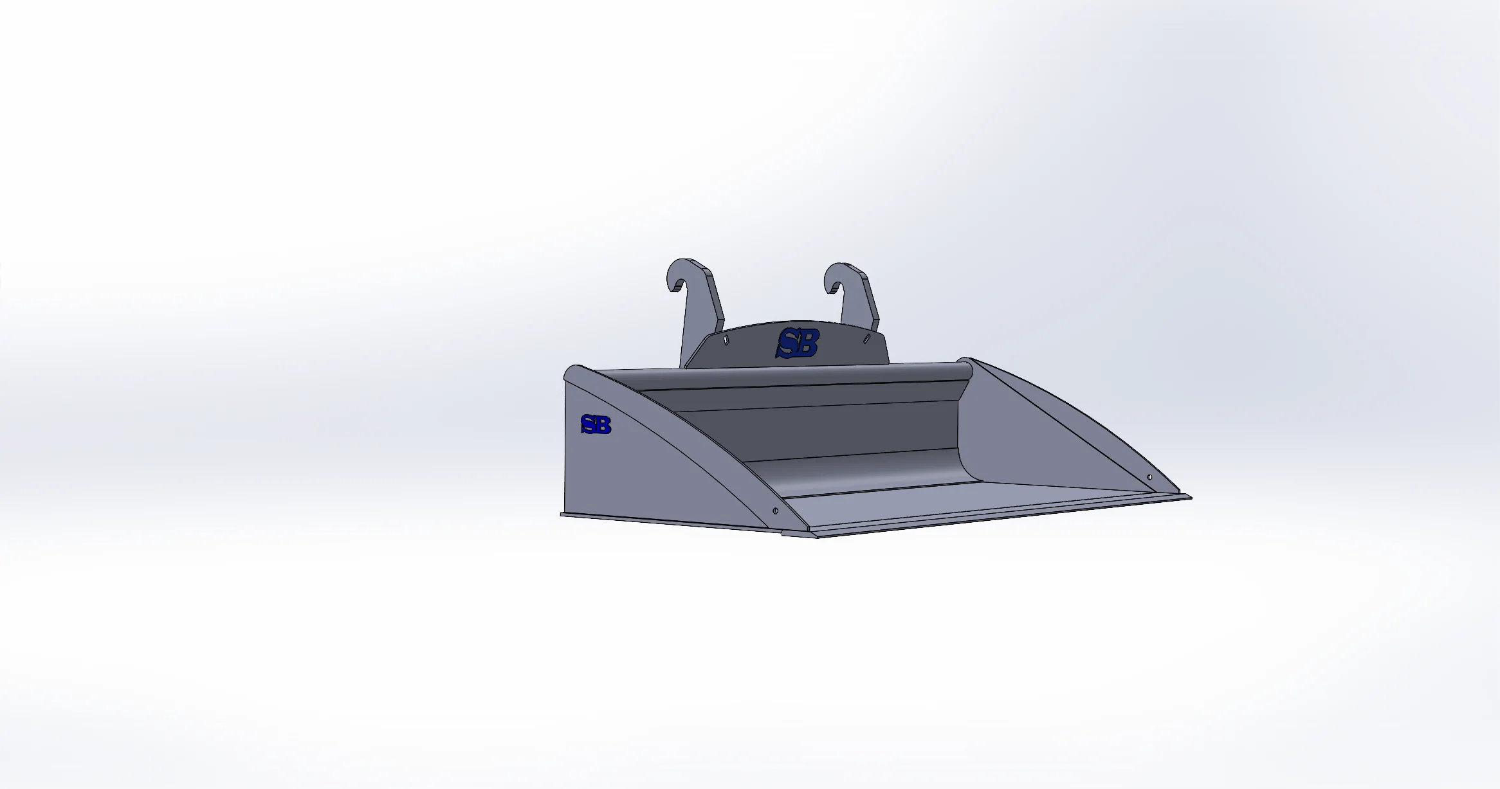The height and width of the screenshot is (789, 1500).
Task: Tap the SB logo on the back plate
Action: tap(798, 343)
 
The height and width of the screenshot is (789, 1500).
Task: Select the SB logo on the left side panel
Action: tap(596, 424)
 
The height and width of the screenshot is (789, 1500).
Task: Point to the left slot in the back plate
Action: tap(726, 340)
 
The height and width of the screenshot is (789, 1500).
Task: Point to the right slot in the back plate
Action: tap(866, 338)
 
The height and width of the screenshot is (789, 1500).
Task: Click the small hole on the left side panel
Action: tap(775, 511)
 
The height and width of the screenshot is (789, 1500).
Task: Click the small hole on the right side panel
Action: tap(1149, 477)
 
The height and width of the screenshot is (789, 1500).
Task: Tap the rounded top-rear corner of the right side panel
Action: tap(965, 361)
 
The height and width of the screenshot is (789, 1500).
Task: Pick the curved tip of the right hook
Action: tap(830, 289)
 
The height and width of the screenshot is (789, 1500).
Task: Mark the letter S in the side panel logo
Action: tap(587, 424)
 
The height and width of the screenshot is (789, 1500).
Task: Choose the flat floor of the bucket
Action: tap(965, 505)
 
